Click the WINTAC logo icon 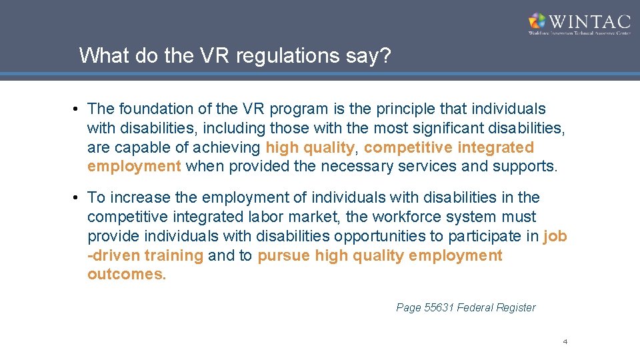[x=537, y=21]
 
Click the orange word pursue [x=284, y=255]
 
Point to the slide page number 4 [x=565, y=342]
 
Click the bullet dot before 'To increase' [x=78, y=198]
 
